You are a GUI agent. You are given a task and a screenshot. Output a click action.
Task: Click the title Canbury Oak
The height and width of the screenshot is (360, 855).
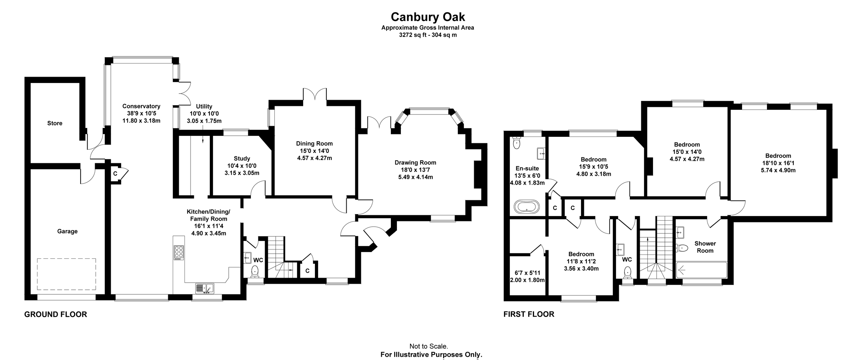click(427, 17)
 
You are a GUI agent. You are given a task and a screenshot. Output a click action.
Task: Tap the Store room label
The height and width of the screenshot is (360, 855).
click(55, 123)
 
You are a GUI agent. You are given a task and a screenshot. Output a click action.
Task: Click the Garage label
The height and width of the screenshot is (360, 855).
click(67, 231)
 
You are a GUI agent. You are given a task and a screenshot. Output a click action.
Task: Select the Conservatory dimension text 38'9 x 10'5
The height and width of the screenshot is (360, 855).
click(141, 113)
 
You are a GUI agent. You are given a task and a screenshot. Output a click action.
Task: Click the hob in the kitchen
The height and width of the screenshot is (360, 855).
click(179, 252)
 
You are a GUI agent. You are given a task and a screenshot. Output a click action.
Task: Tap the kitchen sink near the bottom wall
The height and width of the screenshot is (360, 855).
click(204, 288)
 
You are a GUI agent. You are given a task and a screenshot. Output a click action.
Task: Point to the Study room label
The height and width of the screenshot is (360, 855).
click(242, 159)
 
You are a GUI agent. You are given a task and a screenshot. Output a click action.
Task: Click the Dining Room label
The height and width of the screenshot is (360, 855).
click(314, 144)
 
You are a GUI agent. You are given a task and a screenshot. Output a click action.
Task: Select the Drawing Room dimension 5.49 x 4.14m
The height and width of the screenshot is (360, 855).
click(415, 177)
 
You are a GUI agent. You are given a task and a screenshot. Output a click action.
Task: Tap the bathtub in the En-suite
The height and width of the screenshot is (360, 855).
click(527, 207)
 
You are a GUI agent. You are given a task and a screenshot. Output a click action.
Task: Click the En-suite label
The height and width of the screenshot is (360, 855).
click(527, 169)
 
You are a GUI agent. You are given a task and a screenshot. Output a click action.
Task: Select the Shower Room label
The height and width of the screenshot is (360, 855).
click(705, 247)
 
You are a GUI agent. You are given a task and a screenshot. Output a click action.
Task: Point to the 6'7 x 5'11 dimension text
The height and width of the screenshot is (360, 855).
click(527, 273)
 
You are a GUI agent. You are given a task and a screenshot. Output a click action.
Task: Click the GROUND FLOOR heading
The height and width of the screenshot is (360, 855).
click(56, 314)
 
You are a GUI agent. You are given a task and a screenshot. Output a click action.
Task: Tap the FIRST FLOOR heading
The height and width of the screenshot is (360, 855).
click(529, 314)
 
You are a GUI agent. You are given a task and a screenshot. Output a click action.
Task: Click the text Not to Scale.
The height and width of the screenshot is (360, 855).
click(429, 346)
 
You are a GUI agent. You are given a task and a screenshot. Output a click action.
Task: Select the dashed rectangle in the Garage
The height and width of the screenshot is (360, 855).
click(67, 274)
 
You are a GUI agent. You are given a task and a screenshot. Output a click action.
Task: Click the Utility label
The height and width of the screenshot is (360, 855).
click(204, 107)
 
